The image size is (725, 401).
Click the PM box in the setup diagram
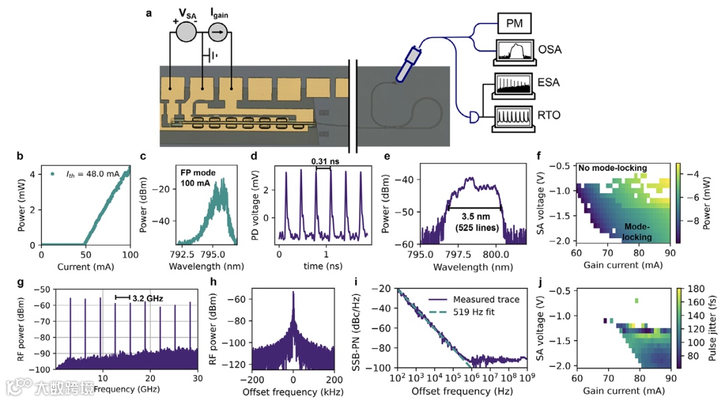pos(514,25)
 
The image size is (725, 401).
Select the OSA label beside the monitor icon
pos(550,50)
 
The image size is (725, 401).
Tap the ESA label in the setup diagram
pos(548,82)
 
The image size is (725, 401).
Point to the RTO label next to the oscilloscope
pos(548,115)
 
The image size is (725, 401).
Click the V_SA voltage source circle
pos(185,31)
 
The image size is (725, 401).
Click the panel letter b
pos(20,156)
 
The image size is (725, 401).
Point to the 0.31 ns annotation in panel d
pos(324,161)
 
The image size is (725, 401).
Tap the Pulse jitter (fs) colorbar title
pos(712,326)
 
